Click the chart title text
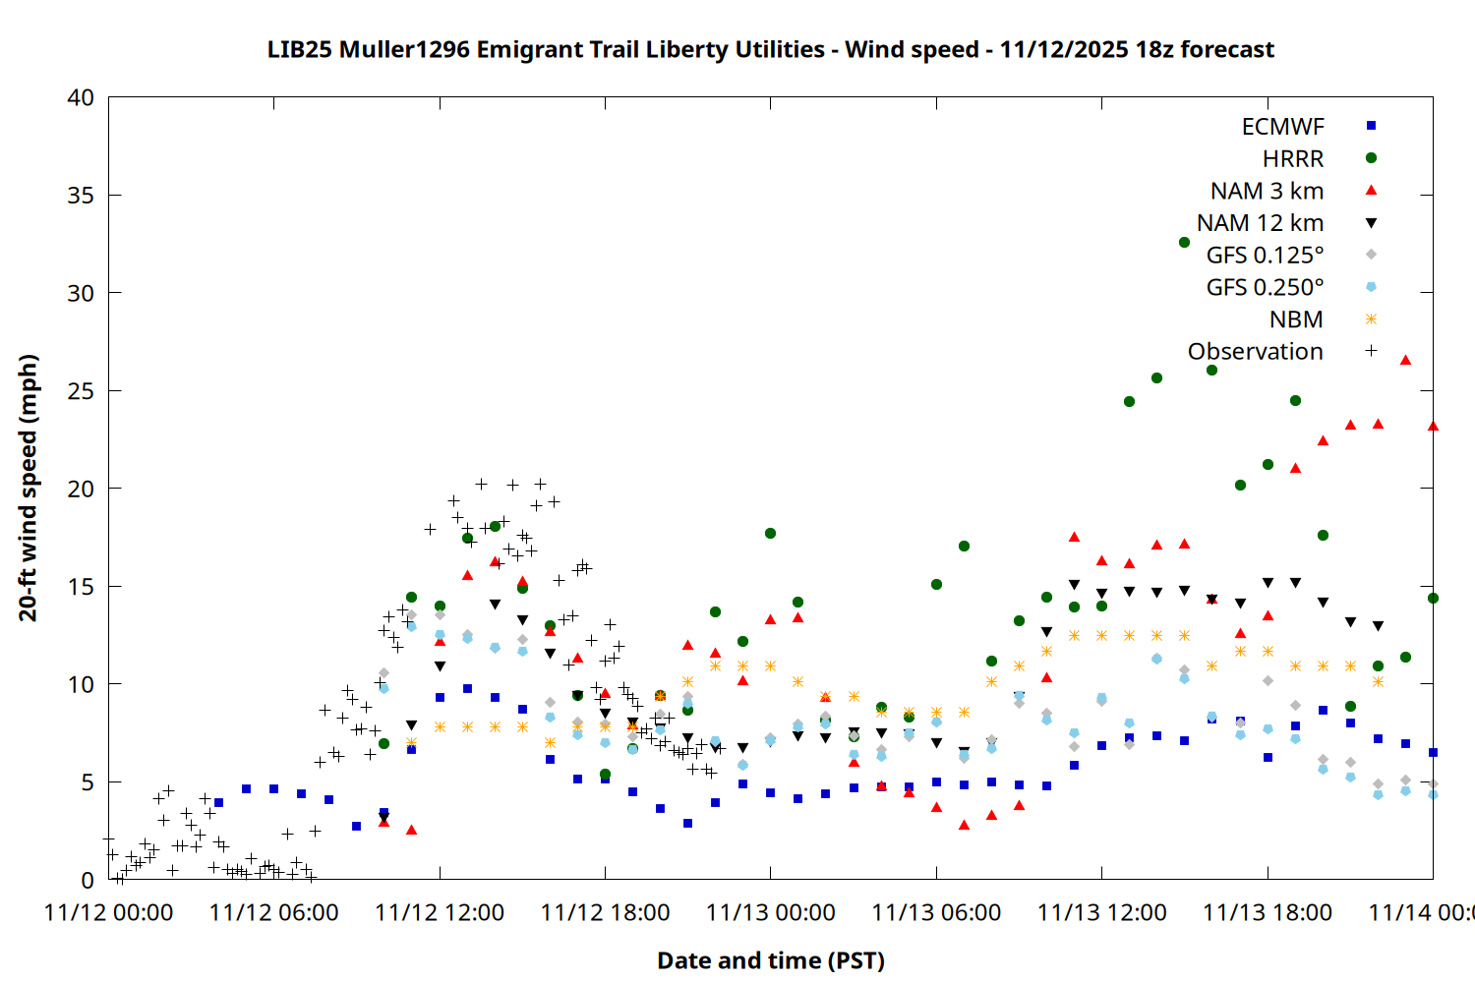tap(770, 50)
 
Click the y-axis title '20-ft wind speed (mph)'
tap(28, 488)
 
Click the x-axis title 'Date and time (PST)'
tap(770, 960)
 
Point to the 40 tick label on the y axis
tap(81, 97)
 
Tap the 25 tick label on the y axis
tap(81, 391)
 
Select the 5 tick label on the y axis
tap(88, 782)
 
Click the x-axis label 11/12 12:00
tap(440, 912)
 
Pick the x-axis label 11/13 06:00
tap(936, 912)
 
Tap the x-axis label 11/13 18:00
tap(1268, 912)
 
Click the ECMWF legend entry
tap(1282, 127)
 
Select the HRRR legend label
tap(1293, 159)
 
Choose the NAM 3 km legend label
tap(1267, 191)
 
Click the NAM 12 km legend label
tap(1260, 223)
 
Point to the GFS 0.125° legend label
tap(1265, 256)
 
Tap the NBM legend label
tap(1296, 319)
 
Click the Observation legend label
tap(1255, 352)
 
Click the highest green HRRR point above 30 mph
tap(1184, 242)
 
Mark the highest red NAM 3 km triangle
tap(1405, 361)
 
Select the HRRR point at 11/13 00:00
tap(770, 534)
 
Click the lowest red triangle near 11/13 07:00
tap(964, 825)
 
